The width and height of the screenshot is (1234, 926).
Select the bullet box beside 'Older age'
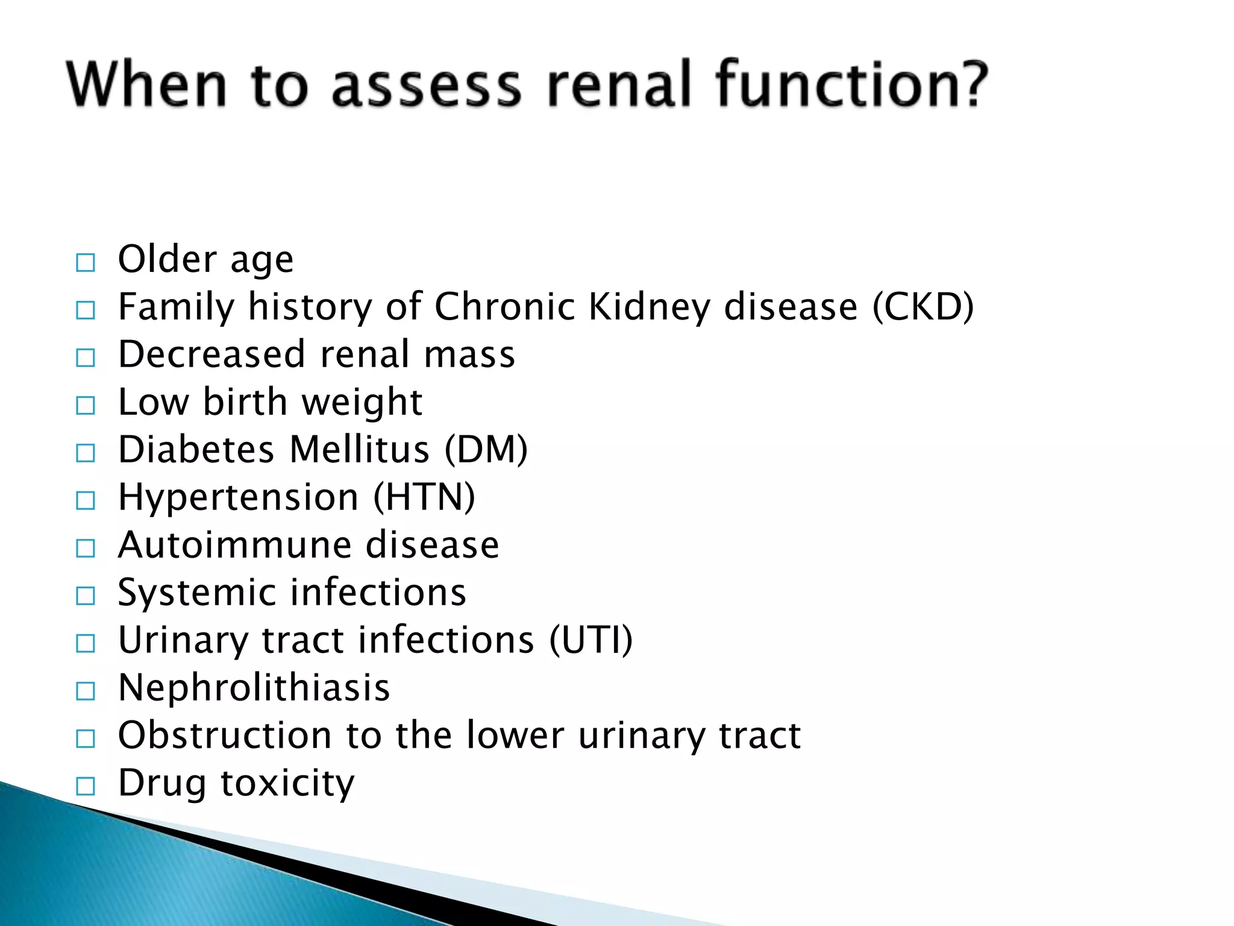point(86,263)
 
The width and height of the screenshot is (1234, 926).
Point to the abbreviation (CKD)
point(923,307)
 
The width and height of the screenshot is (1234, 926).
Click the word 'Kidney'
point(649,307)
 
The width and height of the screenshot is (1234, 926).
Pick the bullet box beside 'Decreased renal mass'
point(86,358)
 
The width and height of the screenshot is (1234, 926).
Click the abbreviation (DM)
point(486,450)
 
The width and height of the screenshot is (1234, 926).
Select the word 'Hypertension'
point(239,498)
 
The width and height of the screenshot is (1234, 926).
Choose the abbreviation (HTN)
point(424,497)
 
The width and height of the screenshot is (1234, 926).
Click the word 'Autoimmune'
point(234,545)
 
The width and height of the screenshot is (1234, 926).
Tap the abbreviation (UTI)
point(591,640)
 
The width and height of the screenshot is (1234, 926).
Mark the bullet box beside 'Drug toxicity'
point(86,786)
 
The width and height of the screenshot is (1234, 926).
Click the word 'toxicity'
point(287,783)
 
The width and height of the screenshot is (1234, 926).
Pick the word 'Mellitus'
point(359,450)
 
